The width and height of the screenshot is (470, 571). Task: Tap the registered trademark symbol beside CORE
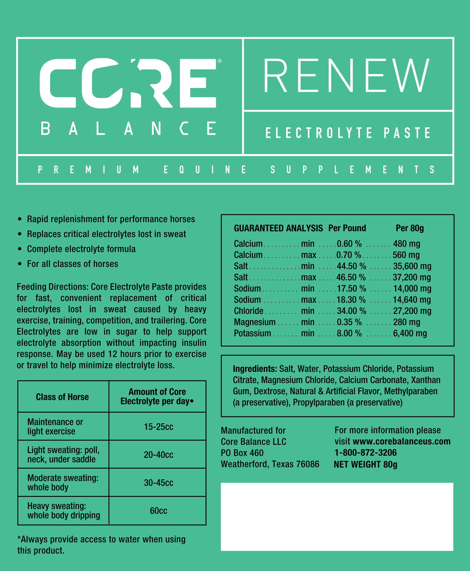click(x=220, y=61)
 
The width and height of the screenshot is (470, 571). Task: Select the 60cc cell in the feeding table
click(x=158, y=511)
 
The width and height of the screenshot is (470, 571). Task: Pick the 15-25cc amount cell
click(x=158, y=427)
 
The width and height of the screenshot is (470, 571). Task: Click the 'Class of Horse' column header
click(x=62, y=397)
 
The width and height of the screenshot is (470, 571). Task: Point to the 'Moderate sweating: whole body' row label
click(x=63, y=482)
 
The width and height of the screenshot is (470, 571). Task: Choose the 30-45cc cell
click(x=158, y=482)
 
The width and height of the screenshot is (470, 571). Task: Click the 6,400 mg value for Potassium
click(x=410, y=333)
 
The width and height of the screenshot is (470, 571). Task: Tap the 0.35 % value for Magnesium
click(x=349, y=322)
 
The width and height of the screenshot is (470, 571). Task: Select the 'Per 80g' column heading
click(x=410, y=228)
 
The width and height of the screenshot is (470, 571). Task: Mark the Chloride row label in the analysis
click(x=248, y=311)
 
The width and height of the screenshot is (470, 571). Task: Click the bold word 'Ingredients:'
click(x=255, y=369)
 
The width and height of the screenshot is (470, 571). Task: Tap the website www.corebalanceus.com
click(x=402, y=441)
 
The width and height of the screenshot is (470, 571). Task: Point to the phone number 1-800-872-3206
click(x=365, y=452)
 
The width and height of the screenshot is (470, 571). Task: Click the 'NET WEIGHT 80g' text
click(x=365, y=464)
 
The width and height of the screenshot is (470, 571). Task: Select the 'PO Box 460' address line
click(x=242, y=453)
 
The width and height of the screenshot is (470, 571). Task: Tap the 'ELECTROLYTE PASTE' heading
click(x=348, y=133)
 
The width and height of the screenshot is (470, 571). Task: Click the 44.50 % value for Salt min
click(x=351, y=266)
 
